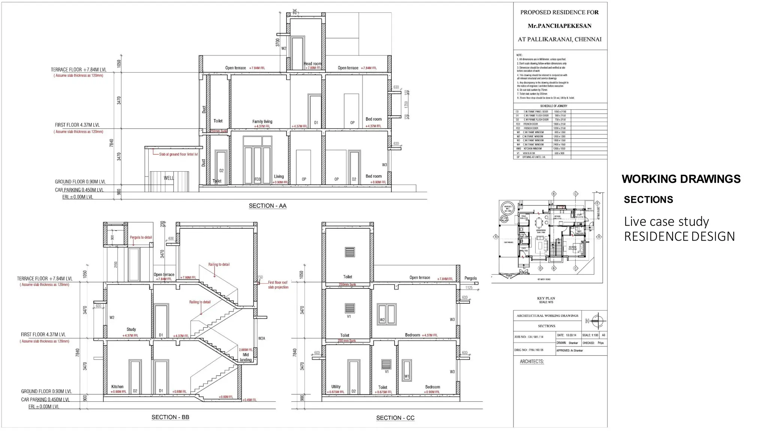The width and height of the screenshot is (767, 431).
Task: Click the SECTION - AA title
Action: (x=267, y=206)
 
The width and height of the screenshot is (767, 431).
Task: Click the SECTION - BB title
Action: (x=170, y=417)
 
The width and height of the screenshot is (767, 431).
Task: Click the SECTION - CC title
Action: (x=395, y=418)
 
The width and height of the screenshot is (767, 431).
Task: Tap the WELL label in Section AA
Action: (x=169, y=178)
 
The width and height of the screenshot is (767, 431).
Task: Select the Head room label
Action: (x=312, y=64)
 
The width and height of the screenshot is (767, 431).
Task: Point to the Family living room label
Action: (x=262, y=122)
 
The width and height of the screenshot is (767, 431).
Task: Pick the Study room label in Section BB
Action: (x=131, y=330)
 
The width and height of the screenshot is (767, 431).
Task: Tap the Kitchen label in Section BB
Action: (x=117, y=387)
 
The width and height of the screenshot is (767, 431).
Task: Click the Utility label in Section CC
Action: (x=336, y=387)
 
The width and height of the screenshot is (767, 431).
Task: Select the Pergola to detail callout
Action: (x=141, y=238)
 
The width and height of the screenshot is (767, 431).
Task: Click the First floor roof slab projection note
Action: (x=278, y=285)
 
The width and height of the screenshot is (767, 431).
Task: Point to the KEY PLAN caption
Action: (x=546, y=299)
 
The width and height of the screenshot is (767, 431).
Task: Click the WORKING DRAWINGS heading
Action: (x=681, y=179)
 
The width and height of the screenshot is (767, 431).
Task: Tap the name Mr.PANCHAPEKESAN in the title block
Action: (x=560, y=26)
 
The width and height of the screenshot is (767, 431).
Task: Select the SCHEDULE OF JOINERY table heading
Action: (x=554, y=106)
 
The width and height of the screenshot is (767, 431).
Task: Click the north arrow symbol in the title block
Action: (x=598, y=321)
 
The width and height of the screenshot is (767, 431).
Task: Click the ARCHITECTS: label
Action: (x=532, y=362)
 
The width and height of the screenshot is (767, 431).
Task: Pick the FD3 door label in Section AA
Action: (x=257, y=180)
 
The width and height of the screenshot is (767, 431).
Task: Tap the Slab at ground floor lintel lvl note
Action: (x=178, y=155)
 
